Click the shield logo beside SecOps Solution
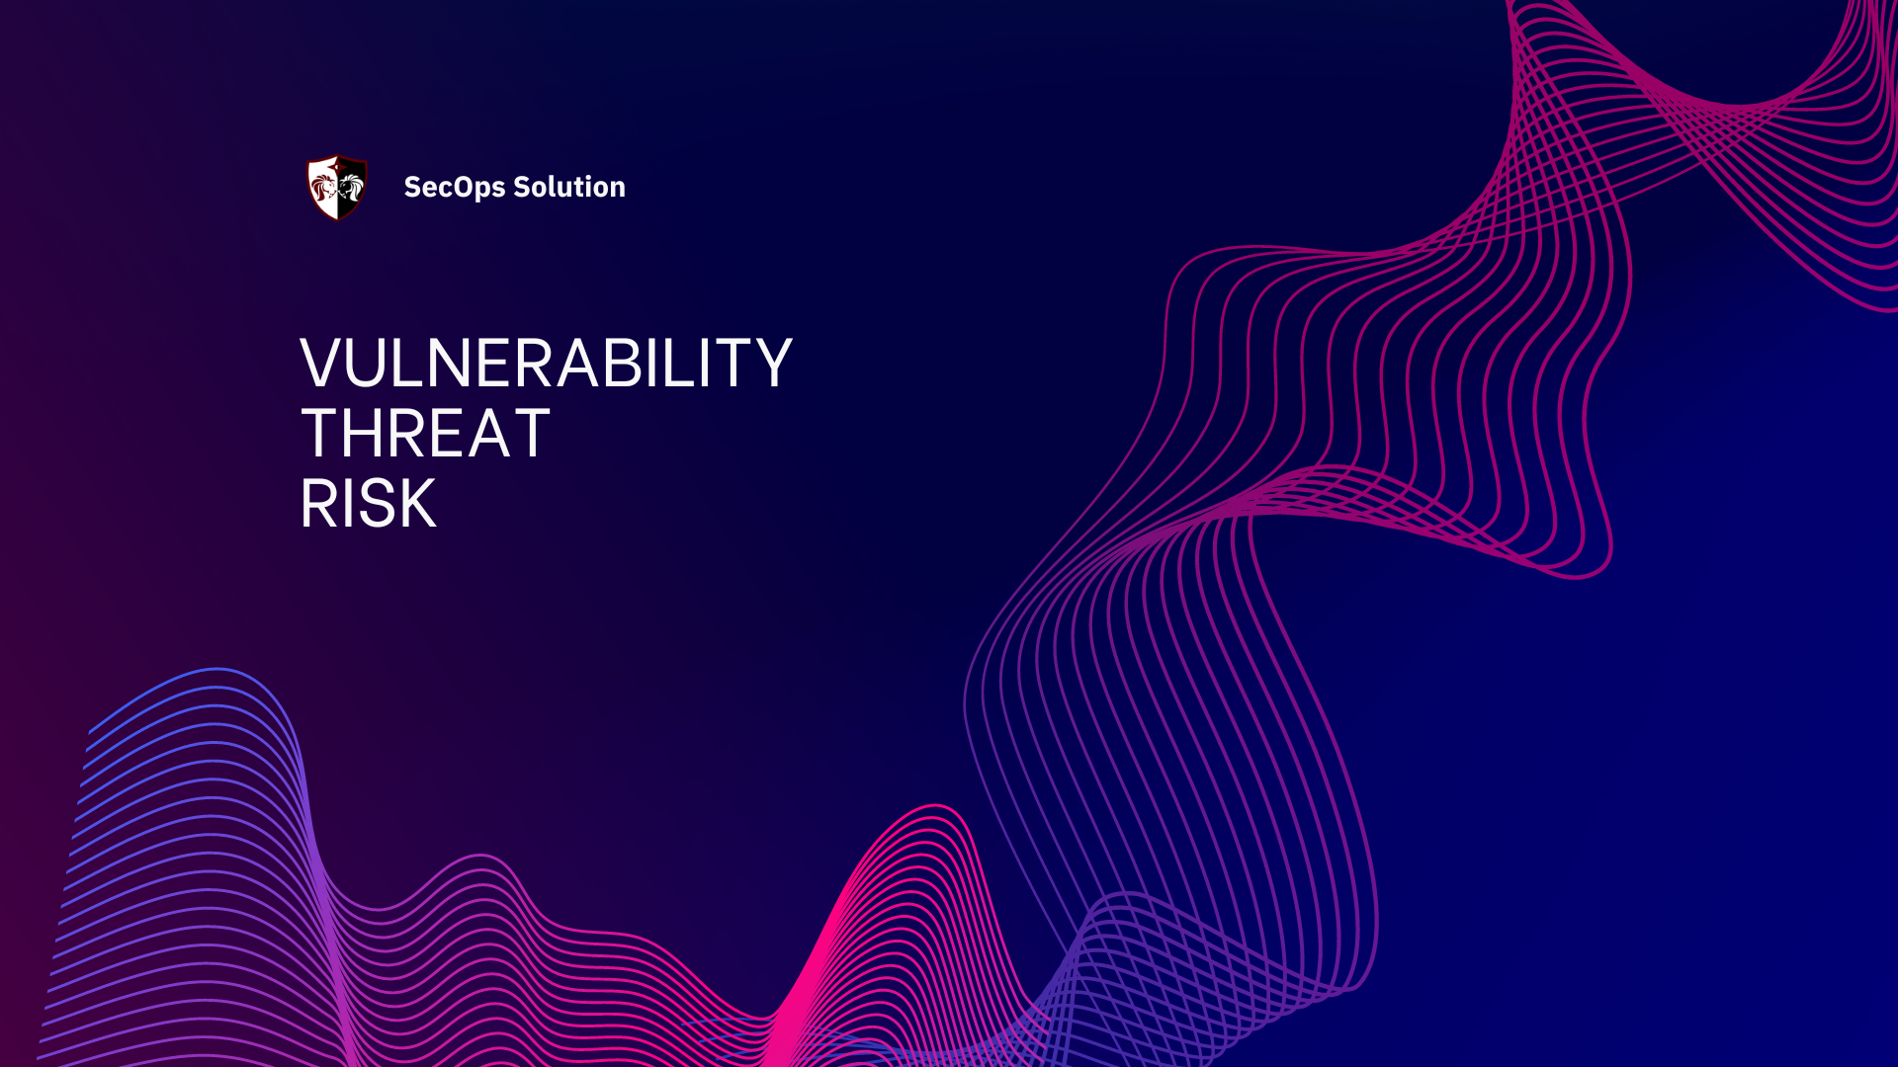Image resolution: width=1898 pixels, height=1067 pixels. pos(337,187)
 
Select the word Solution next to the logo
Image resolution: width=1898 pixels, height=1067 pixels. pos(569,187)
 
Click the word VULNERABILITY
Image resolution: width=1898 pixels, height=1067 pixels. pos(546,364)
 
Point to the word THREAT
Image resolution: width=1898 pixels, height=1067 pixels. pos(425,434)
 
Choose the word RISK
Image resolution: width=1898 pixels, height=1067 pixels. pos(368,504)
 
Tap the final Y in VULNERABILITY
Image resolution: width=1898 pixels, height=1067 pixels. pos(771,364)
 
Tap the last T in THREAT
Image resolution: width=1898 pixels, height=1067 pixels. pos(530,434)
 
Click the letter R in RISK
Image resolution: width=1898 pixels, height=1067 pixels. pos(318,504)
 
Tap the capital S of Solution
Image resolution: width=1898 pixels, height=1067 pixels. pos(522,187)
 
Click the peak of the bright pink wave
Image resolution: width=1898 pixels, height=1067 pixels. pos(934,807)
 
